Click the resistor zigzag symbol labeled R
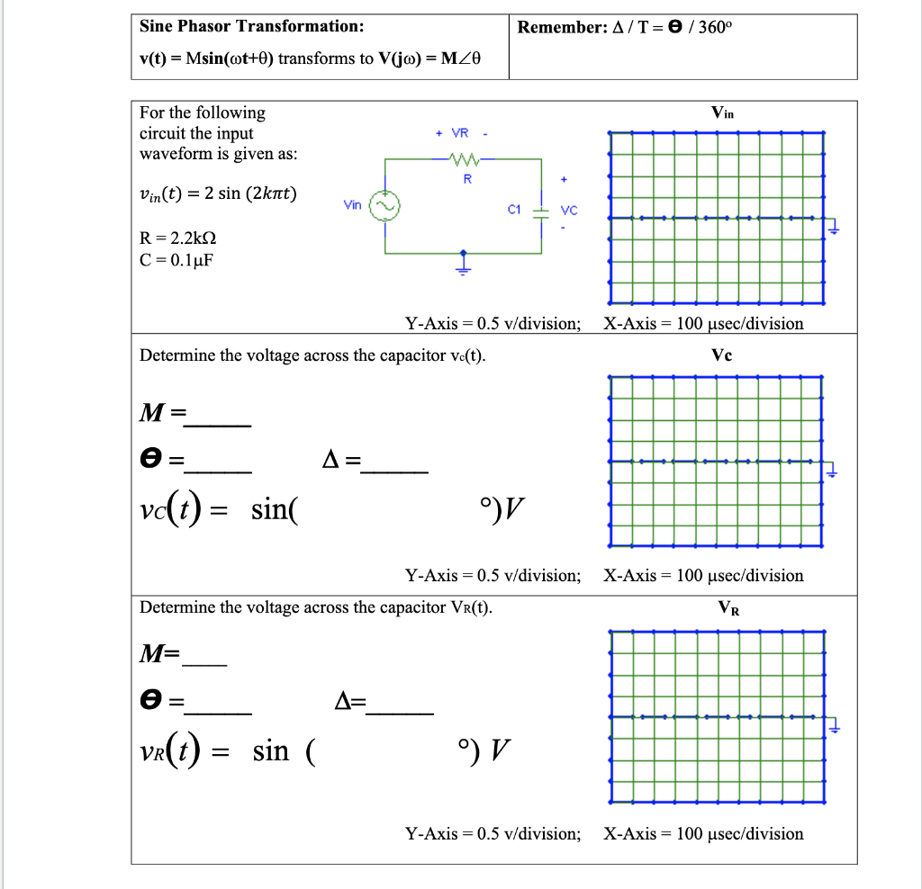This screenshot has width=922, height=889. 467,161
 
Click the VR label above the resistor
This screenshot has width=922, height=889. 459,133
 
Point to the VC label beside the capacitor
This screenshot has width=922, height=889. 568,211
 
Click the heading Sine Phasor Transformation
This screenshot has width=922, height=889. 252,26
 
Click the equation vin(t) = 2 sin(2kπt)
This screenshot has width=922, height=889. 219,194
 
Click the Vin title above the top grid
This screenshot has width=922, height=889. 722,113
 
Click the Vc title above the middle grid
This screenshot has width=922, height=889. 721,355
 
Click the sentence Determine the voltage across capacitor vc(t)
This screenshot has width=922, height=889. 312,355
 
